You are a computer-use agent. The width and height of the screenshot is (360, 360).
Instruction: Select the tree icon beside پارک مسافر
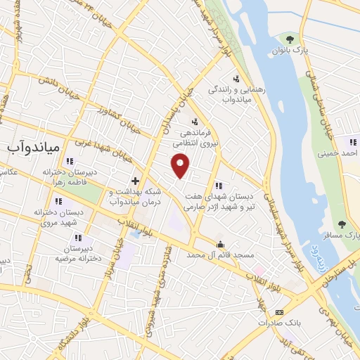tap(342, 225)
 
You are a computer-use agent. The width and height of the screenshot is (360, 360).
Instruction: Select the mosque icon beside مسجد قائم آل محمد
tap(221, 245)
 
